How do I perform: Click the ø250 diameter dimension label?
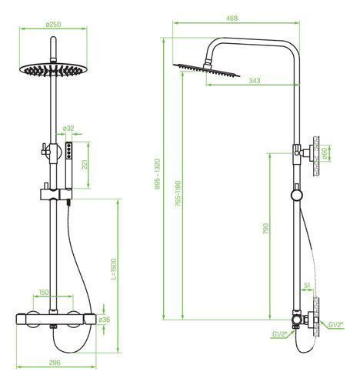(53, 25)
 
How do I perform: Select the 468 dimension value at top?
(232, 18)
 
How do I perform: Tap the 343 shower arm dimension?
(255, 81)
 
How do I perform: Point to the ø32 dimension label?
(68, 129)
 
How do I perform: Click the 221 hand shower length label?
(85, 165)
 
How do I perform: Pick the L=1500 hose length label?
(114, 269)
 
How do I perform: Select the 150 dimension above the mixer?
(44, 292)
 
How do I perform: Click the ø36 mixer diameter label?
(105, 320)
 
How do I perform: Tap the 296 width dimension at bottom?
(55, 363)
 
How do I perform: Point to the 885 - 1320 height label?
(158, 174)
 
